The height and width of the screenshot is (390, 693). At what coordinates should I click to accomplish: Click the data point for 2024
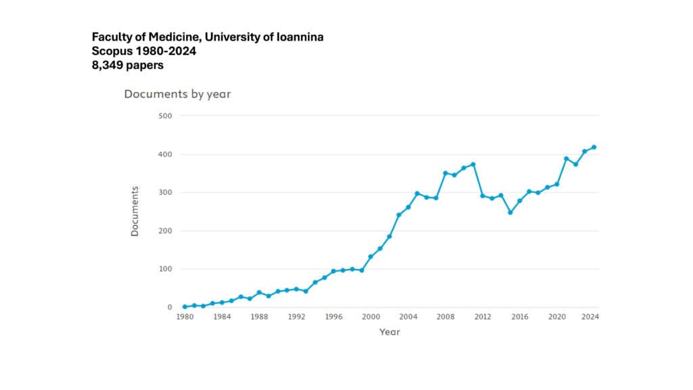click(594, 147)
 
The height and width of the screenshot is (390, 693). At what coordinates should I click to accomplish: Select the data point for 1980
click(185, 307)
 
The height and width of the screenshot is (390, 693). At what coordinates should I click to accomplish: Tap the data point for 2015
click(510, 213)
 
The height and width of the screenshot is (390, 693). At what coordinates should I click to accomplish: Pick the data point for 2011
click(473, 164)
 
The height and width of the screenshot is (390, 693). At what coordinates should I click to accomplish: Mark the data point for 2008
click(445, 173)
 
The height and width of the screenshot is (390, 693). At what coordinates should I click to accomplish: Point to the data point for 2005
click(418, 194)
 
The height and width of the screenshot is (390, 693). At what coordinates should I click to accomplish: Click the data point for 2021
click(566, 158)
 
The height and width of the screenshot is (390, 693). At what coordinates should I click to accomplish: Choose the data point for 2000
click(371, 257)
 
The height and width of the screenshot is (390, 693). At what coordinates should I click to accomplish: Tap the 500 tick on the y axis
click(165, 116)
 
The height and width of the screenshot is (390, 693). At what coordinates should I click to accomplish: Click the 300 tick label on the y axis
click(165, 192)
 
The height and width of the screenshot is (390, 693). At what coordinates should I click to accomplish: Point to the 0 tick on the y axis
click(170, 307)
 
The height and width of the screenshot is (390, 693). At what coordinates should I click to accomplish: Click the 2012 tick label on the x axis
click(483, 317)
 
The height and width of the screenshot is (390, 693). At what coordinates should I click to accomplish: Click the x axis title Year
click(389, 332)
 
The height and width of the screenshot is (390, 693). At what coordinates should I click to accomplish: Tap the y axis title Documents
click(135, 211)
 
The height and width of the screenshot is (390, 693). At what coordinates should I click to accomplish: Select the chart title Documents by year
click(177, 94)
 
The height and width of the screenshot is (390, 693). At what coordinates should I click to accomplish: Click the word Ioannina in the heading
click(295, 37)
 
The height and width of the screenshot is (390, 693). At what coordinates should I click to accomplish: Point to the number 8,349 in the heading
click(108, 66)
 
